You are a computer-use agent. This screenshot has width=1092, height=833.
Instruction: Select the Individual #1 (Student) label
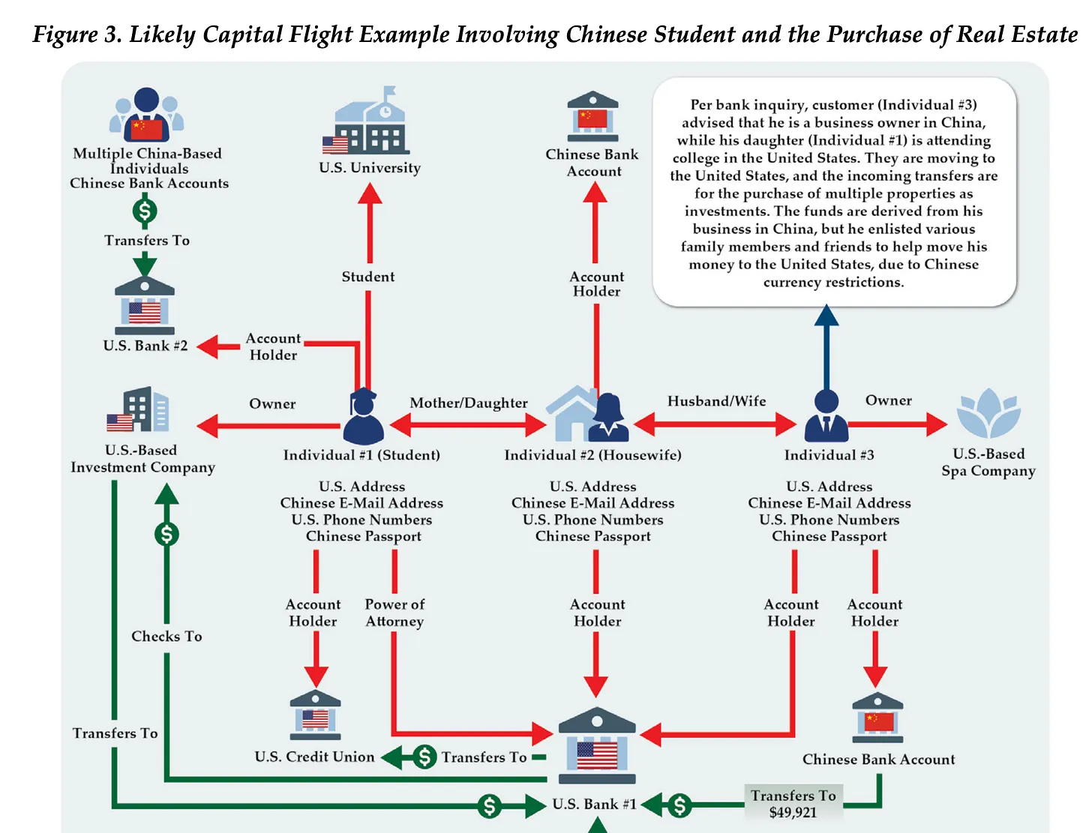[x=361, y=455]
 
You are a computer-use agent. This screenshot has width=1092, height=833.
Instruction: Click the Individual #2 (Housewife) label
[x=592, y=455]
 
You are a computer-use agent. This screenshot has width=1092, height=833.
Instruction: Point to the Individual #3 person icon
[x=826, y=417]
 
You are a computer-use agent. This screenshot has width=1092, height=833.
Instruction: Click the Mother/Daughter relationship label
[x=469, y=403]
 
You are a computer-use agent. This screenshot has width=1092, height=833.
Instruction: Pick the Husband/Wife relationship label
[x=717, y=401]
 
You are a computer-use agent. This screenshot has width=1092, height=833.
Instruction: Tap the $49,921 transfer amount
[x=793, y=813]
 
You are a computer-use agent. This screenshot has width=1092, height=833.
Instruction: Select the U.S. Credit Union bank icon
[x=316, y=715]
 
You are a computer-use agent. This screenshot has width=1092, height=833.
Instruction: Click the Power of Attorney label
[x=394, y=613]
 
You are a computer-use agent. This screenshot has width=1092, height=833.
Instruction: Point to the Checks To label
[x=166, y=636]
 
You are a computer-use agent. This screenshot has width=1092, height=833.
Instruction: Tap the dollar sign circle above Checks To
[x=166, y=534]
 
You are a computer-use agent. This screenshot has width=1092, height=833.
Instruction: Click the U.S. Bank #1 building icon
[x=597, y=746]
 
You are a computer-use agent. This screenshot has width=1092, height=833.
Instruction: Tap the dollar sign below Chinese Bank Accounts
[x=145, y=211]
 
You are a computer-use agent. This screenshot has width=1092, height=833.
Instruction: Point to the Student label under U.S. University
[x=368, y=277]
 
